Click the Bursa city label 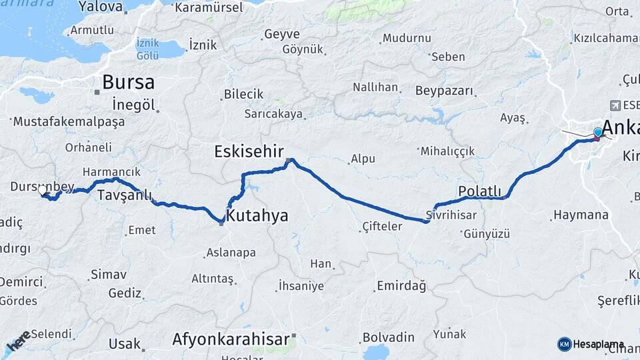tap(128, 82)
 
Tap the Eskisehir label tap(249, 151)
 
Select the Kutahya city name tap(257, 215)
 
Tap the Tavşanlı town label tap(124, 195)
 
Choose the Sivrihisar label tap(451, 215)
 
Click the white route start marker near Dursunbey tap(43, 191)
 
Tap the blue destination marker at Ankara tap(597, 133)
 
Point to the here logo tap(18, 341)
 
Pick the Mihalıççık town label tap(447, 151)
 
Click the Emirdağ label tap(401, 286)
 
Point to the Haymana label tap(580, 215)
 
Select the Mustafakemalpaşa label tap(69, 123)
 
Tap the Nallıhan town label tap(375, 87)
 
